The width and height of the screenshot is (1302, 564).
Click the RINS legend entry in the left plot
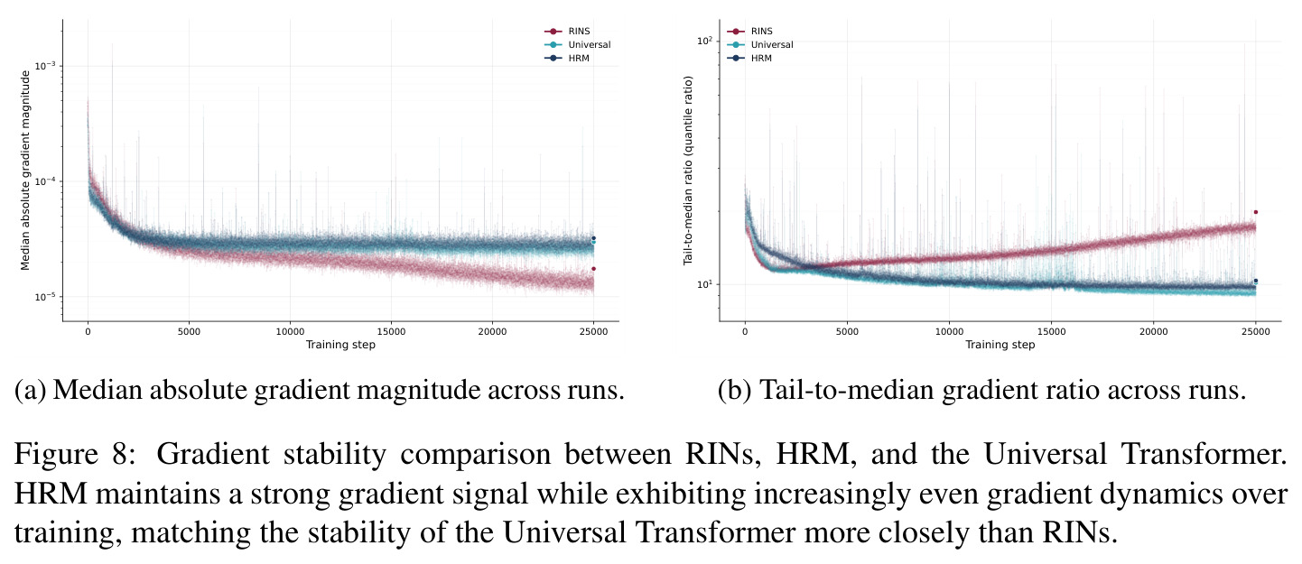(567, 32)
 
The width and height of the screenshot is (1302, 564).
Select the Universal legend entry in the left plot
(578, 45)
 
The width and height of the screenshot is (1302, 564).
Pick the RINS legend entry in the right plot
(749, 32)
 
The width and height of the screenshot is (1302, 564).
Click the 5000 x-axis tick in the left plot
(189, 332)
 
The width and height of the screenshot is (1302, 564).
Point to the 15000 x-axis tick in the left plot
(391, 332)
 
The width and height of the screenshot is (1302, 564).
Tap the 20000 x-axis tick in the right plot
(1154, 332)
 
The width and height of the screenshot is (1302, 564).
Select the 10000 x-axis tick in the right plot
(949, 332)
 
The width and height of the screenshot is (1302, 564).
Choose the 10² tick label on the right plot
(704, 40)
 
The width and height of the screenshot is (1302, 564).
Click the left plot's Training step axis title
(340, 345)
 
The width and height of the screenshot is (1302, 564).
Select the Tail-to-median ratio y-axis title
(688, 171)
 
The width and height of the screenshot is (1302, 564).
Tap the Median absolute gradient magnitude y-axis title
(25, 171)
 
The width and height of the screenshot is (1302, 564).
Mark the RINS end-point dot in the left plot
(593, 268)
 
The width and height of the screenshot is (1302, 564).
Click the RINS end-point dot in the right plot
(1255, 212)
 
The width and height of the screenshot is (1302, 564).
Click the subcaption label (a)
(30, 390)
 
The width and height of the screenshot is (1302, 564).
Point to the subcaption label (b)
(735, 390)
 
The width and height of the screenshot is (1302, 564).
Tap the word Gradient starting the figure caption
(213, 454)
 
